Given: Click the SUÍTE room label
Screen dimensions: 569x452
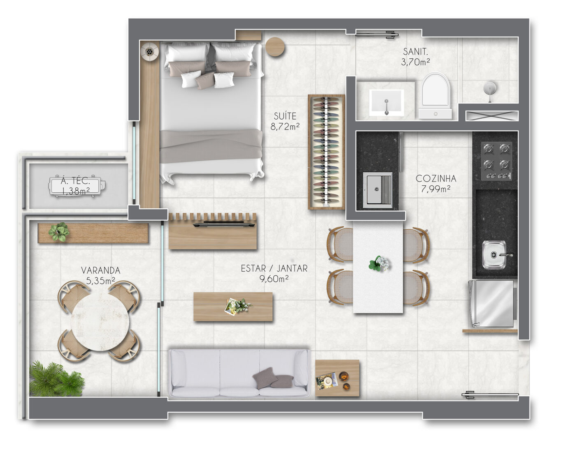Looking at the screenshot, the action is click(285, 116).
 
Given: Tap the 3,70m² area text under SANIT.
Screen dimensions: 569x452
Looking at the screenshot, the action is click(415, 62).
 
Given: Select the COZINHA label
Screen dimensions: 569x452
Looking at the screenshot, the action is click(436, 179).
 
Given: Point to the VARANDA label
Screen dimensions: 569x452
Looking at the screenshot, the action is click(100, 270).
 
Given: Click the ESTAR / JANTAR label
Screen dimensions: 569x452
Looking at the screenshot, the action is click(274, 268).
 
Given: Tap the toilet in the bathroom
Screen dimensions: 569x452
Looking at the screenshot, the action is click(435, 96).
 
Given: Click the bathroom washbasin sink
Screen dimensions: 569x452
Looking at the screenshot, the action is click(386, 102).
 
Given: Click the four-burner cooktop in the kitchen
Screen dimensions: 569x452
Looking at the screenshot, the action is click(496, 161).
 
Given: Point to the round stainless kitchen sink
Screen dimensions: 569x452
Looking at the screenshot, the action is click(494, 255).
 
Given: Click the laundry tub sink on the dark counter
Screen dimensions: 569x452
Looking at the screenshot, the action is click(377, 190).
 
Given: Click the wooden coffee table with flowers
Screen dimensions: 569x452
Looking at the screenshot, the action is click(233, 307).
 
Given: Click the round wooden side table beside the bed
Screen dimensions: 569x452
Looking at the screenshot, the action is click(275, 47).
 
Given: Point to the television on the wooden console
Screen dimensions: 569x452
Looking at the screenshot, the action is click(224, 225).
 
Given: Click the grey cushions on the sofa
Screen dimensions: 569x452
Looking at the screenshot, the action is click(273, 378).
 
